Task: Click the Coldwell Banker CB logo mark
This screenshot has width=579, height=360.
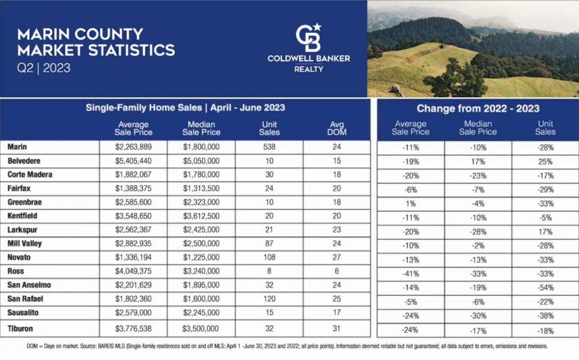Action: (308, 37)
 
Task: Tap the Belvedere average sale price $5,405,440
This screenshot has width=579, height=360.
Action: (133, 161)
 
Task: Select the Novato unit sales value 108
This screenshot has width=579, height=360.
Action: (269, 257)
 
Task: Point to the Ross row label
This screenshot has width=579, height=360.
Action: (16, 271)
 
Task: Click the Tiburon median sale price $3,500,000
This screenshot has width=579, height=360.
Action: (201, 329)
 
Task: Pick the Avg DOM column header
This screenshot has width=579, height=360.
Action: (337, 128)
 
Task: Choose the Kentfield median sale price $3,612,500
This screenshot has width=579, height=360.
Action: (201, 216)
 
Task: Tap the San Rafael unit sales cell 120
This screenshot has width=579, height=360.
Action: (269, 299)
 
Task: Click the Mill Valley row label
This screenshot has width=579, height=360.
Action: (25, 244)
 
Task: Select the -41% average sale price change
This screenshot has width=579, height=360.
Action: (411, 274)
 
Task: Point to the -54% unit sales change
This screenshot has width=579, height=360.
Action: (546, 288)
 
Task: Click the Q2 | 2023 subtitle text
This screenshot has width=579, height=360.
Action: (44, 68)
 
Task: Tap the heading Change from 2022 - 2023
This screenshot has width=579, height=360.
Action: (478, 108)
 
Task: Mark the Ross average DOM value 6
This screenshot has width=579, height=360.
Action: (337, 271)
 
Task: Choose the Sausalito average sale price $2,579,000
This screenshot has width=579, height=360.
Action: (133, 313)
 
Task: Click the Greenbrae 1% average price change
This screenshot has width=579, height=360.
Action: (411, 204)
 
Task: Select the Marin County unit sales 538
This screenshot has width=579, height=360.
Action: (269, 147)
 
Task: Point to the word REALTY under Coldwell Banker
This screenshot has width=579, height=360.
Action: (309, 69)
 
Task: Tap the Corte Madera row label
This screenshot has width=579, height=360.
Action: (30, 175)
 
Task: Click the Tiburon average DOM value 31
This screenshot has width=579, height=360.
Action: (336, 329)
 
